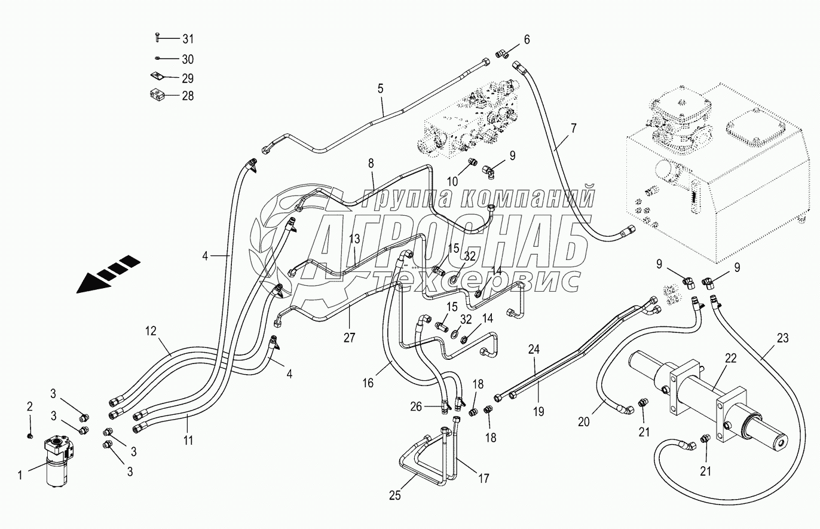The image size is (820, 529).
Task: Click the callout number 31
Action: (x=188, y=39)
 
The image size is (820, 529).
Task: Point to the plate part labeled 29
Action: (x=156, y=77)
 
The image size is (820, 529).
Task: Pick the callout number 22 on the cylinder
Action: (x=731, y=358)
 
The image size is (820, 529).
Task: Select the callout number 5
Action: (x=380, y=89)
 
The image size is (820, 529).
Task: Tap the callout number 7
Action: (x=573, y=128)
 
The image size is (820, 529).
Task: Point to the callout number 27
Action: (x=349, y=337)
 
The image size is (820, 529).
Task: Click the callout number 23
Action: (x=783, y=338)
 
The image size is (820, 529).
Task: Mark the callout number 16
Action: (x=368, y=383)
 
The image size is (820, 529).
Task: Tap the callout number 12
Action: (x=150, y=329)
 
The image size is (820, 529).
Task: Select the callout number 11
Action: (x=188, y=441)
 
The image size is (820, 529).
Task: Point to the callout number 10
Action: (x=453, y=181)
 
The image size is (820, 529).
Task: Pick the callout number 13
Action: (x=354, y=238)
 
